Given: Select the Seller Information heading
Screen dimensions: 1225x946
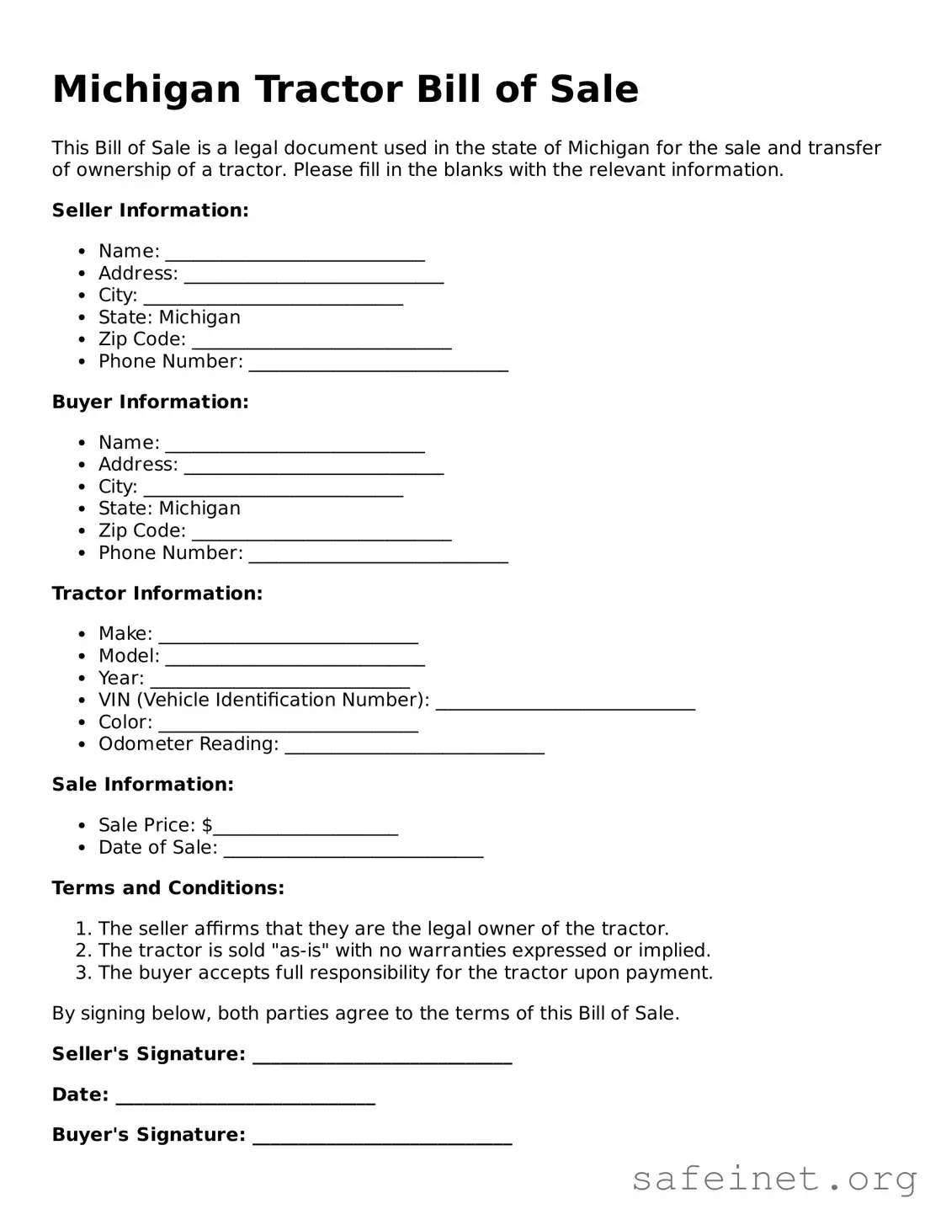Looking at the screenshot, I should pos(150,210).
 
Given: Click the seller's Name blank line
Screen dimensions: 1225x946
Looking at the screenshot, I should pos(295,254).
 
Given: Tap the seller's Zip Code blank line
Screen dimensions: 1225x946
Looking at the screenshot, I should pos(322,342).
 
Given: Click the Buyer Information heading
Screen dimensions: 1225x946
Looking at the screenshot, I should pos(150,402).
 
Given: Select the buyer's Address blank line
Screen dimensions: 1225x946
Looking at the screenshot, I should pos(313,467).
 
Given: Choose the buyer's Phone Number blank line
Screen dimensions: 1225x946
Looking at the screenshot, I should pos(379,556).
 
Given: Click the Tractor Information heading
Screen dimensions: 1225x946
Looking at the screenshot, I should pos(157,594).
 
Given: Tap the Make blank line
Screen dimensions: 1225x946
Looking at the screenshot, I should pos(288,636).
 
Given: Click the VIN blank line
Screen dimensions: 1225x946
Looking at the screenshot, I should pos(565,703).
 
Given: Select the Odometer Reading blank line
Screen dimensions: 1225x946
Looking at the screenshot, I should pos(414,748).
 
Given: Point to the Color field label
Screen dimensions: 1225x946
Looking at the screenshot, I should pos(125,722).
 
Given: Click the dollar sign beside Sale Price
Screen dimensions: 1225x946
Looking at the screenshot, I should pos(207,825).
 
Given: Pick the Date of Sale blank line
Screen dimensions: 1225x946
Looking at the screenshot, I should pos(353,850).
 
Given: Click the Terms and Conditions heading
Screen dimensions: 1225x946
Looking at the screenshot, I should pos(168,888).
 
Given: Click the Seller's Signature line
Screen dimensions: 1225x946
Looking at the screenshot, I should pos(382,1057).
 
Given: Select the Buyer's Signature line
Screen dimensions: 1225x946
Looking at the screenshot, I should pos(382,1138).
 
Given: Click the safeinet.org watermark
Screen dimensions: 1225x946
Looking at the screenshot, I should pos(773,1180).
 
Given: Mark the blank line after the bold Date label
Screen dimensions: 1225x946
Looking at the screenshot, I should pos(245,1098).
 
